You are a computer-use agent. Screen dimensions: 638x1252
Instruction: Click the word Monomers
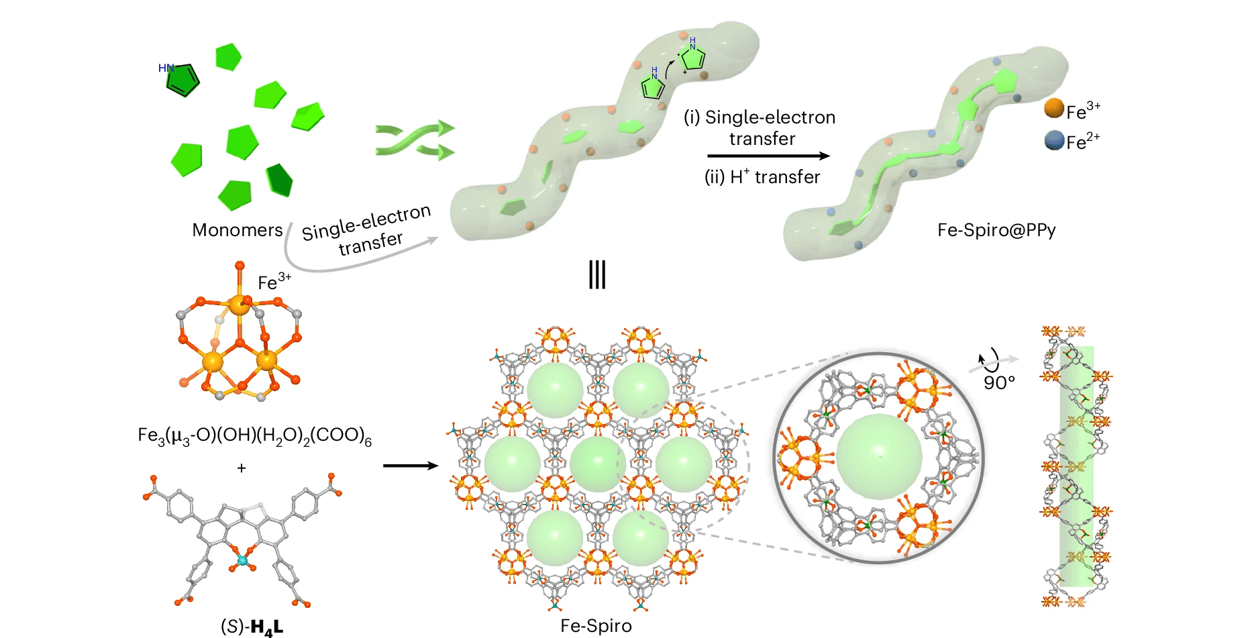pyautogui.click(x=237, y=230)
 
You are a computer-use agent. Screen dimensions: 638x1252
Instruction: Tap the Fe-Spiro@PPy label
pyautogui.click(x=996, y=230)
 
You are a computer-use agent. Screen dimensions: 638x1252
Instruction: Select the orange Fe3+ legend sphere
pyautogui.click(x=1054, y=109)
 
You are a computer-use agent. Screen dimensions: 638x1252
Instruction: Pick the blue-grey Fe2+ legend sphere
pyautogui.click(x=1054, y=140)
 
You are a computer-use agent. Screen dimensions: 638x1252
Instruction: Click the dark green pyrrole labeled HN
pyautogui.click(x=182, y=80)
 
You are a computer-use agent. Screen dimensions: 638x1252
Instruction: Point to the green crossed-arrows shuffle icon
pyautogui.click(x=415, y=141)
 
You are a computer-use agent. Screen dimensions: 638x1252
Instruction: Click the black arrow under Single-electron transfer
pyautogui.click(x=768, y=156)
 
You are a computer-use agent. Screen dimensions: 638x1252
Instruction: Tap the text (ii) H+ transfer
pyautogui.click(x=762, y=177)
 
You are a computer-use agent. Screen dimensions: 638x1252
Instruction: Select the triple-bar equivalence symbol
pyautogui.click(x=596, y=274)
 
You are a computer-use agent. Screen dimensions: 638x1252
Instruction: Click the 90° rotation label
pyautogui.click(x=999, y=382)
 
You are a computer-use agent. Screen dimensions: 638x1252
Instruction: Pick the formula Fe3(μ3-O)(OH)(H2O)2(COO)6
pyautogui.click(x=254, y=436)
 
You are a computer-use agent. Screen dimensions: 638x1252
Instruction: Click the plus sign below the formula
pyautogui.click(x=242, y=468)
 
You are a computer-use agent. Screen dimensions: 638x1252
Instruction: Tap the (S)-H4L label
pyautogui.click(x=252, y=627)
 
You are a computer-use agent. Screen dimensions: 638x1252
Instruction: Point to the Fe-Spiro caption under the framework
pyautogui.click(x=596, y=626)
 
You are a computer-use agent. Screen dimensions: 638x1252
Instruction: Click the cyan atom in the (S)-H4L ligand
pyautogui.click(x=242, y=560)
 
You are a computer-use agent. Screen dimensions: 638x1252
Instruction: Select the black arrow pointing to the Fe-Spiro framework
pyautogui.click(x=410, y=466)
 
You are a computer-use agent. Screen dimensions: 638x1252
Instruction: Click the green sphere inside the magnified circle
pyautogui.click(x=879, y=457)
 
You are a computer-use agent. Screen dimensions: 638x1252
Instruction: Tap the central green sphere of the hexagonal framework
pyautogui.click(x=598, y=463)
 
